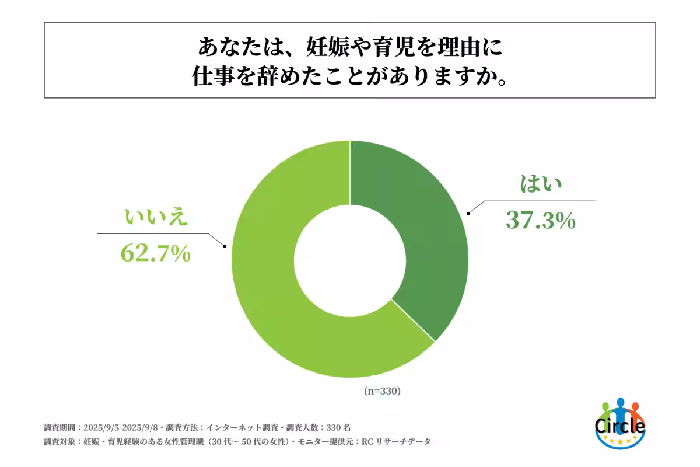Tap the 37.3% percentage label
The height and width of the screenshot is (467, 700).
pos(541,221)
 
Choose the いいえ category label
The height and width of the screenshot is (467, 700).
pos(155,217)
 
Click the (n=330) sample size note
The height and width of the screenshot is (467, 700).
pos(382,391)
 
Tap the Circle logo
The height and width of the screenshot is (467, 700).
pos(620,424)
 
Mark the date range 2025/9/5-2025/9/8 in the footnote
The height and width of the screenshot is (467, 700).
pos(123,427)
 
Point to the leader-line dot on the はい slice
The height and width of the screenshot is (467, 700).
pos(468,214)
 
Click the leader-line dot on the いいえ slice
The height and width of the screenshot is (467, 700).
pos(225,246)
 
